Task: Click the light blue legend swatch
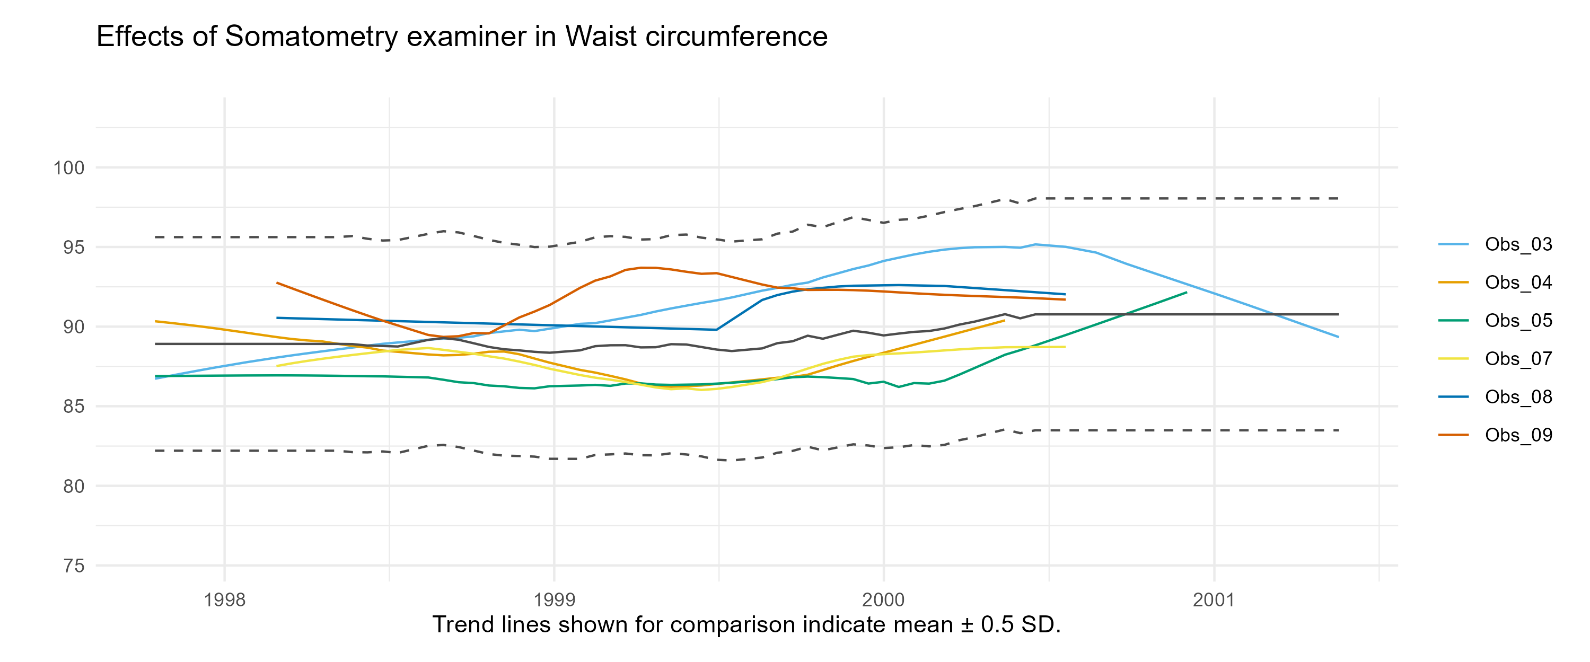point(1453,244)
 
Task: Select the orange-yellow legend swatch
point(1453,283)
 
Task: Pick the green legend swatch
point(1453,321)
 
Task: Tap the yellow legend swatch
point(1453,358)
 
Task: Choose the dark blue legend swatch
point(1453,396)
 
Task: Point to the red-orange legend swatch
point(1453,435)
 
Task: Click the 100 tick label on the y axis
point(68,168)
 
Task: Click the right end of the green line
point(1187,292)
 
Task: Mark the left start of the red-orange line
point(277,283)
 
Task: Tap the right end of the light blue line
point(1338,337)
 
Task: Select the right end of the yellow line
point(1065,347)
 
